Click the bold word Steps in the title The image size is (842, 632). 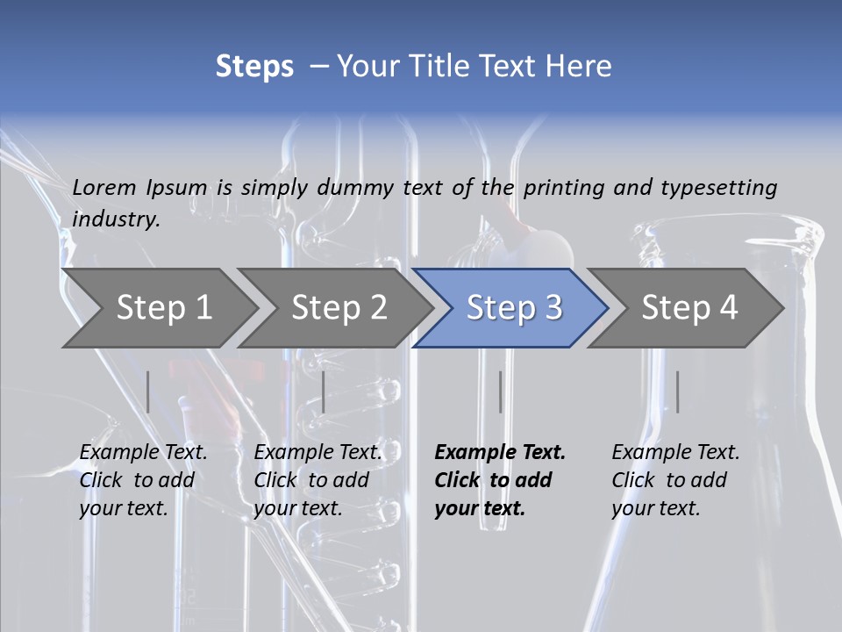254,67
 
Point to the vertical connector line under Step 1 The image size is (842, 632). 148,391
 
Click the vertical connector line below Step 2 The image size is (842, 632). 324,391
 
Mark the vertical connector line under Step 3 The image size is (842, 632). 500,391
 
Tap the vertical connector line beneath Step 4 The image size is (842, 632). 677,391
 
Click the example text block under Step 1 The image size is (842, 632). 143,480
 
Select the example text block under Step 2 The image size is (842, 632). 318,480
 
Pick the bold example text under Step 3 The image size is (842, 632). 500,480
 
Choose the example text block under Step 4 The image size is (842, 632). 675,480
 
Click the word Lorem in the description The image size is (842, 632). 104,187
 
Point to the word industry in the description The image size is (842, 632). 116,219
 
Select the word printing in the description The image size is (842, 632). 564,187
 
